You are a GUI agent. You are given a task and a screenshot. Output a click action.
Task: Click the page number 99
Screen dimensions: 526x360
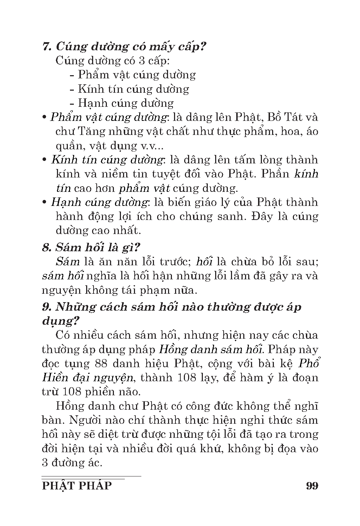click(x=312, y=486)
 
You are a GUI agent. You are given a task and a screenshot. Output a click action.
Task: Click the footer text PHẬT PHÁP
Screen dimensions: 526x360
click(x=77, y=486)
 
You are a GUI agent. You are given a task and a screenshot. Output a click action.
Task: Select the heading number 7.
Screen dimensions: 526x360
click(x=46, y=46)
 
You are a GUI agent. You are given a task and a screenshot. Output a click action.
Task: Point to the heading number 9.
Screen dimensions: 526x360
click(x=46, y=307)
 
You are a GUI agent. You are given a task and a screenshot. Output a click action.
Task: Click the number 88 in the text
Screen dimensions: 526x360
click(x=102, y=363)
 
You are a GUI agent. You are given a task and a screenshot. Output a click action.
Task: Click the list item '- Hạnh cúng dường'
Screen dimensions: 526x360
click(x=121, y=103)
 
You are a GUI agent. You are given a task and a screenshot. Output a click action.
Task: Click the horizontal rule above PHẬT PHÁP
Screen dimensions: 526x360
click(x=91, y=476)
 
